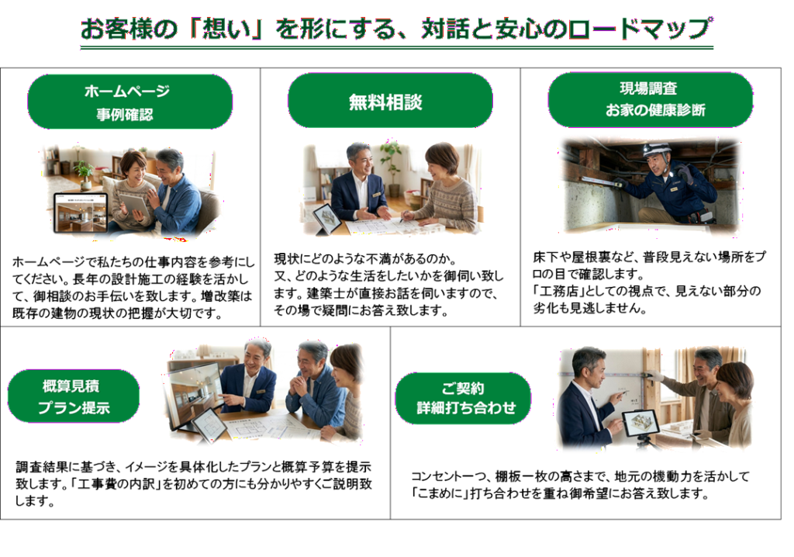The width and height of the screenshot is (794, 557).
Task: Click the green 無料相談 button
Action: [390, 101]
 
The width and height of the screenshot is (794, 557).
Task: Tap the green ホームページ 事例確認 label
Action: [129, 102]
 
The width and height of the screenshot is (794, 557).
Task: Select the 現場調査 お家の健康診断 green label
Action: [651, 100]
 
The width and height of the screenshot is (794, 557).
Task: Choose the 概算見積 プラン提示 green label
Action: [74, 396]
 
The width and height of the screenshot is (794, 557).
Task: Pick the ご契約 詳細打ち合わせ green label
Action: [463, 399]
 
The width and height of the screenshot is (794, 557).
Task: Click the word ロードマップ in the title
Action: [640, 29]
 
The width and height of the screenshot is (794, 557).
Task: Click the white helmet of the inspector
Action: [657, 150]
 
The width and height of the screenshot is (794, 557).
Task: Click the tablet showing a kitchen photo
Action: [81, 213]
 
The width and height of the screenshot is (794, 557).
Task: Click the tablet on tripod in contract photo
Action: [640, 424]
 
